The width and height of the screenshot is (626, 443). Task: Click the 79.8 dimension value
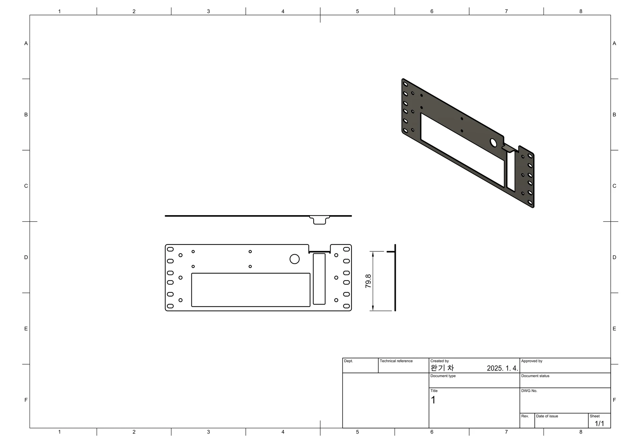tap(368, 281)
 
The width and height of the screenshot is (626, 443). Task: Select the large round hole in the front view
tap(294, 259)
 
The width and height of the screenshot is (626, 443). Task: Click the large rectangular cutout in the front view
tap(251, 290)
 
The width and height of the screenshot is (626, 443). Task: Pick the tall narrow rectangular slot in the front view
tap(319, 279)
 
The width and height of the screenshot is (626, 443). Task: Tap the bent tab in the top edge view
tap(320, 220)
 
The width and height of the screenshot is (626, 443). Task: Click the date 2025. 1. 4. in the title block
tap(502, 368)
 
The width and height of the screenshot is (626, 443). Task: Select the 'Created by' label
tap(440, 361)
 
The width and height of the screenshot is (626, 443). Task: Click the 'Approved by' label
tap(532, 361)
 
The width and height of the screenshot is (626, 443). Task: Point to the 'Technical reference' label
tap(396, 361)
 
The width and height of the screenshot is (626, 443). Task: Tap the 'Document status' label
tap(535, 376)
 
